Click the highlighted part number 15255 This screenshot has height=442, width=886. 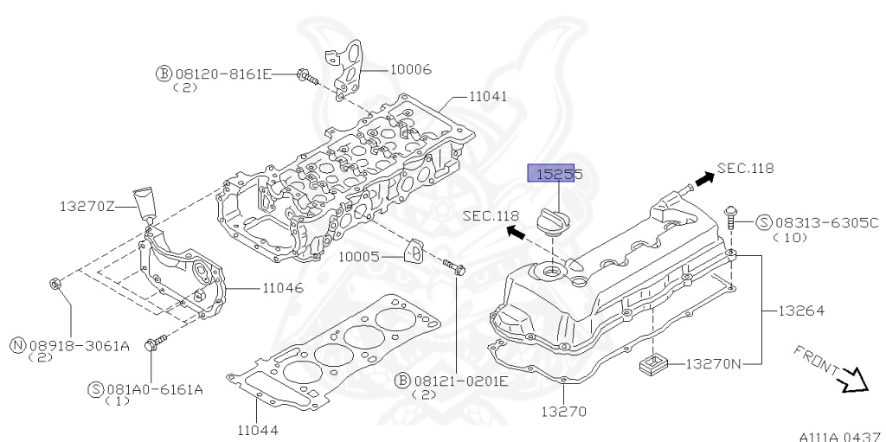click(555, 174)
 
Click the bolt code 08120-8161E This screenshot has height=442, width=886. click(222, 75)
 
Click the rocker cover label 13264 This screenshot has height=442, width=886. click(801, 310)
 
